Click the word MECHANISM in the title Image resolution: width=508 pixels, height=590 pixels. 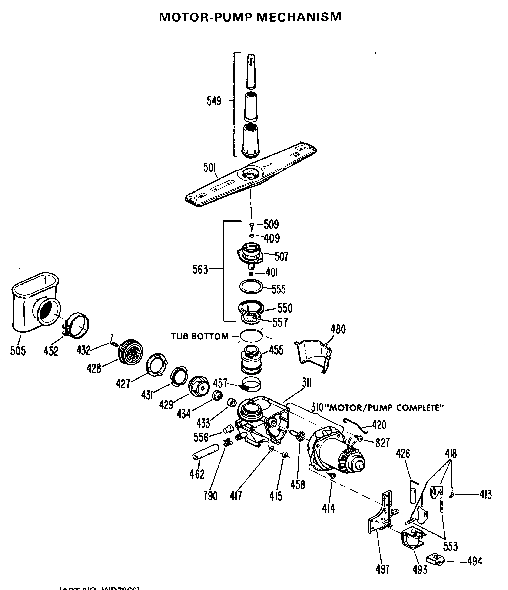299,17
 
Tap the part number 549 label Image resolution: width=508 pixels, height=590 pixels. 214,101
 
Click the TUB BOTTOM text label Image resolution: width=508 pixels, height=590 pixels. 200,336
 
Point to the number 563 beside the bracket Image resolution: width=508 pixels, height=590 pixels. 200,269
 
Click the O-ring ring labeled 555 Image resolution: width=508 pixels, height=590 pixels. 251,287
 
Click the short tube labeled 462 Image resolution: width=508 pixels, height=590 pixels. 206,452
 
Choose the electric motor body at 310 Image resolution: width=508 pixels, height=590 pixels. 336,453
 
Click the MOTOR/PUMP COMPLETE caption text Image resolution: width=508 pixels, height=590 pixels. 386,408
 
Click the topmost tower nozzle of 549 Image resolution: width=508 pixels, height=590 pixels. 251,71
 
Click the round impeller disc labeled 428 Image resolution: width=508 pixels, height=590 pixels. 131,352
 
